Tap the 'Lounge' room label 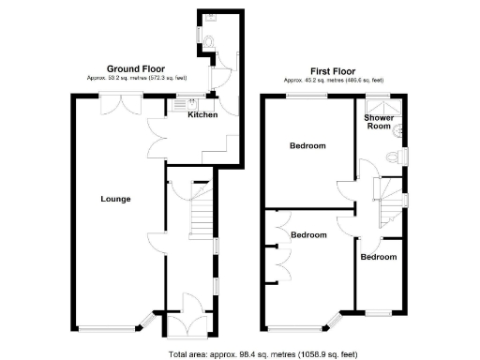115,199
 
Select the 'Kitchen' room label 202,115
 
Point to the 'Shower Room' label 379,122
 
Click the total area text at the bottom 262,354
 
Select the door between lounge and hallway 156,246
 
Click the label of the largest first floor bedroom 307,146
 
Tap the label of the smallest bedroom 378,257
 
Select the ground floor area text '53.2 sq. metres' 130,79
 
